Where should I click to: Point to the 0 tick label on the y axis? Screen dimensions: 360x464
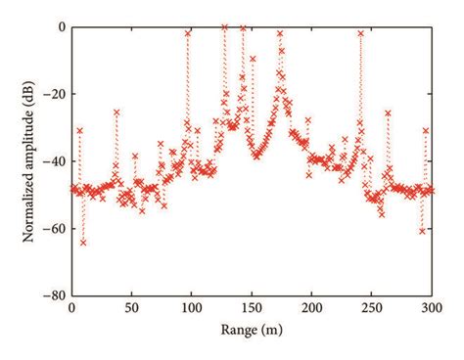click(61, 27)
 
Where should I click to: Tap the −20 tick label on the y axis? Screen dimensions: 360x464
click(54, 94)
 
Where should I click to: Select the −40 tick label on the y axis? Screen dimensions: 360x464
click(54, 160)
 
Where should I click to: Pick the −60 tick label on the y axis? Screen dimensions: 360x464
click(54, 227)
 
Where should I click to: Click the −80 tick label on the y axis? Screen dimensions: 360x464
click(54, 293)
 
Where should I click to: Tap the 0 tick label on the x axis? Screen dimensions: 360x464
click(71, 307)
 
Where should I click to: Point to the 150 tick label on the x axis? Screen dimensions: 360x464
click(252, 307)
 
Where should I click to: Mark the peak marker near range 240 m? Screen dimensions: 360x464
click(360, 33)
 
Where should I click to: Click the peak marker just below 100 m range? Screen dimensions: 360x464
click(188, 33)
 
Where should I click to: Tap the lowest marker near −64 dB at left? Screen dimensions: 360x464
click(83, 242)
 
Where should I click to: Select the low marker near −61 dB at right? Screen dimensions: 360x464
click(422, 231)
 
